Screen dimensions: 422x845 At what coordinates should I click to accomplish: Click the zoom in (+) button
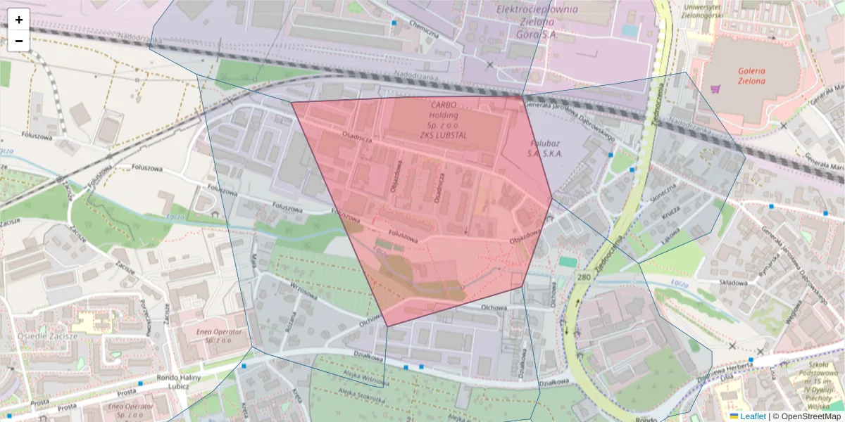tap(19, 20)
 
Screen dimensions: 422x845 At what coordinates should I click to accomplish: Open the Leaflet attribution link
tap(753, 416)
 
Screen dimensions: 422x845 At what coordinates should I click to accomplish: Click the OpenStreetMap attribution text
tap(810, 416)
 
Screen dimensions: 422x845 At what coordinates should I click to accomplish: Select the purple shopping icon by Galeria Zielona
tap(716, 89)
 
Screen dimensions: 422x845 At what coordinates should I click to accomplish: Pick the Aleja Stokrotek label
tap(361, 398)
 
